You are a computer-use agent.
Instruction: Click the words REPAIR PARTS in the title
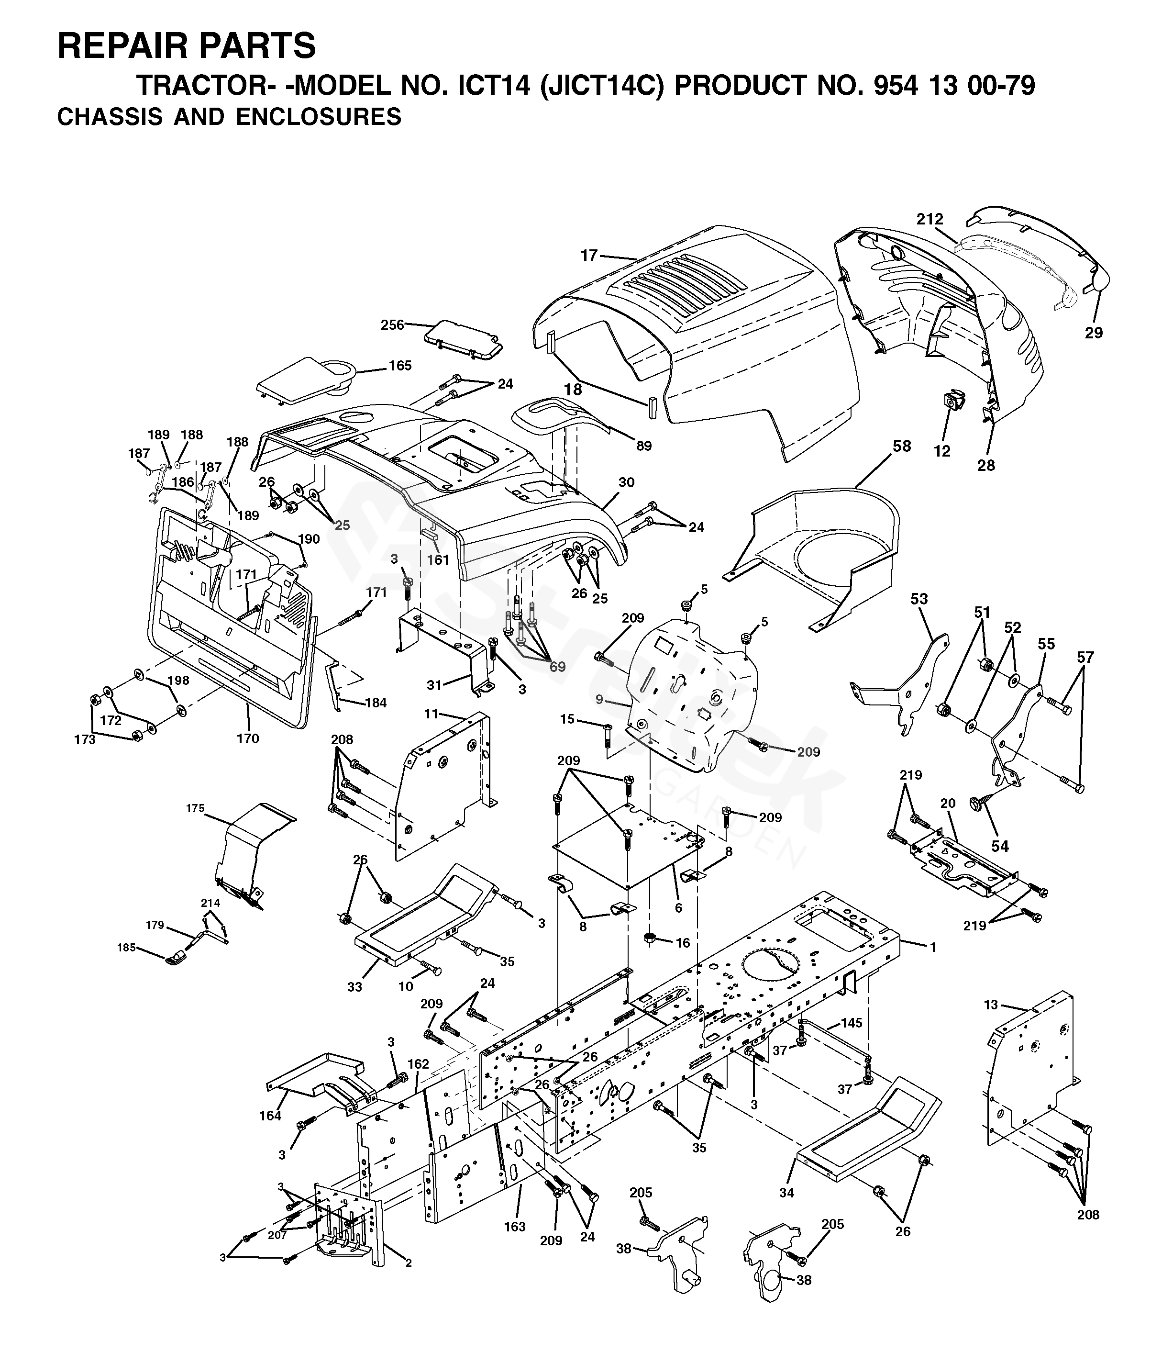[187, 46]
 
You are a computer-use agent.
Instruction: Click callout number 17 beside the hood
[589, 256]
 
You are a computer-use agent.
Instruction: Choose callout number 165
[400, 365]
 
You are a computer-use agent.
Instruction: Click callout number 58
[901, 446]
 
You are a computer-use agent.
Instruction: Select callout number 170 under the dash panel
[249, 738]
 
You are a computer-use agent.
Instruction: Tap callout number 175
[195, 809]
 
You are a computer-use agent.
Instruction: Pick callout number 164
[270, 1116]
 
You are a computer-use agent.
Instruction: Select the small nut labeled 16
[651, 938]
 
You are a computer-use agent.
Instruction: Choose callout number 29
[1094, 333]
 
